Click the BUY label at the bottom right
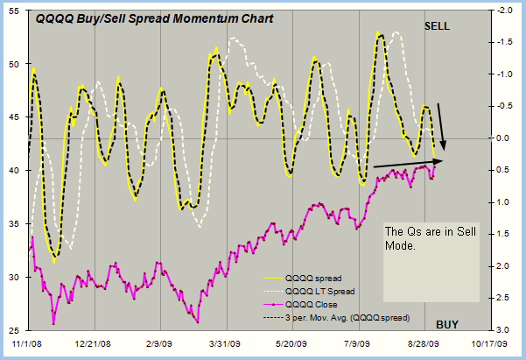tap(447, 324)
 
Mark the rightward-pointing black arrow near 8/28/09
tap(407, 163)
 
